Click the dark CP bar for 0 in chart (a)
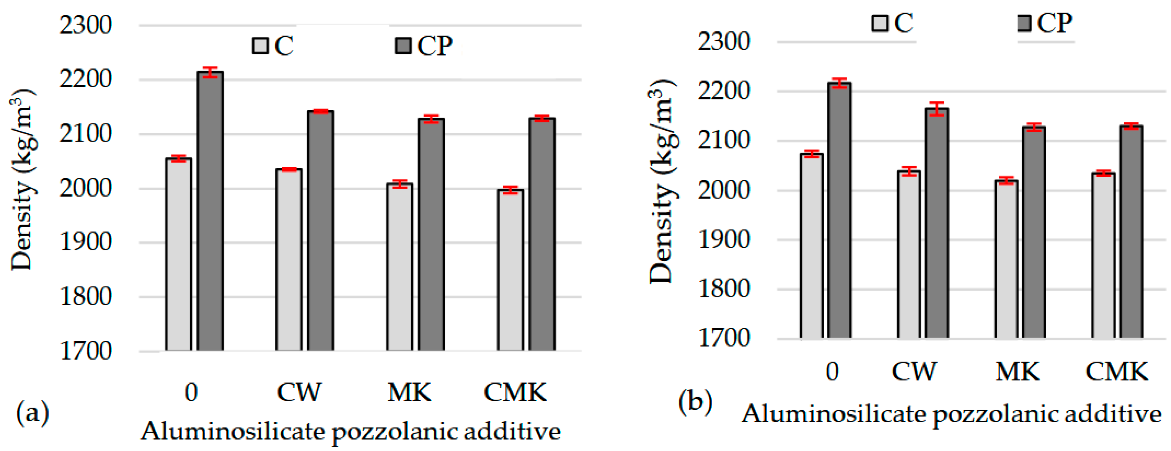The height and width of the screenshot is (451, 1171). (x=210, y=211)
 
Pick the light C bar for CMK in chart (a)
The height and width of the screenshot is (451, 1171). (x=510, y=270)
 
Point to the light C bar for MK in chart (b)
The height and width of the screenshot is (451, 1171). (x=1006, y=259)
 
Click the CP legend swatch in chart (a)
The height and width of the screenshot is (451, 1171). (x=403, y=46)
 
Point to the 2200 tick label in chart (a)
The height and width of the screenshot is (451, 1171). (x=85, y=80)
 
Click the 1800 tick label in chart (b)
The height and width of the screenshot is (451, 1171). (x=724, y=289)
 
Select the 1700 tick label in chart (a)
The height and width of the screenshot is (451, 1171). (x=85, y=351)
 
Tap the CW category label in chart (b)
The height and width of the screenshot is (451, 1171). (x=914, y=371)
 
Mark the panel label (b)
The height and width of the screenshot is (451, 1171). (x=695, y=402)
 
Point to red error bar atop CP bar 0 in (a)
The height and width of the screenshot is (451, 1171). (x=210, y=72)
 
